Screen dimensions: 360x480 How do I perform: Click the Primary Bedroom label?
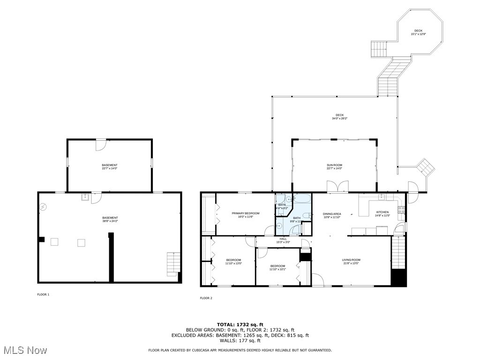[245, 213]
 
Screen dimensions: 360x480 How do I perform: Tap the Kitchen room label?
[382, 212]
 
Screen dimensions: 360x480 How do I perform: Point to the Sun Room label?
[334, 165]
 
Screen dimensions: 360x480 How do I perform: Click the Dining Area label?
[332, 214]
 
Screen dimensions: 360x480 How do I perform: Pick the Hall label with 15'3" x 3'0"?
[283, 239]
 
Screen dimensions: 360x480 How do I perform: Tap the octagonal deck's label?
[418, 31]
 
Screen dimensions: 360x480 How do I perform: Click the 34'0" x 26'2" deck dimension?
[339, 119]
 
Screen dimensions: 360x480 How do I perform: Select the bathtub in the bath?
[300, 199]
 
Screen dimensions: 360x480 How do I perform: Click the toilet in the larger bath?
[305, 215]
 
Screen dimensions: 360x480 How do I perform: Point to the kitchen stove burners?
[401, 210]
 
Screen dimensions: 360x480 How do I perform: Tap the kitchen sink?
[382, 196]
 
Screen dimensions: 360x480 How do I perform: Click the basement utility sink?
[85, 197]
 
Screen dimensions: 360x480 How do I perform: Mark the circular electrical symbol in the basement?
[43, 206]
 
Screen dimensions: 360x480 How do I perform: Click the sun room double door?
[337, 186]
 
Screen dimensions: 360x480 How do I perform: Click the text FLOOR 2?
[206, 298]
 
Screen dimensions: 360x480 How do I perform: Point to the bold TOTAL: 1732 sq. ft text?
[240, 324]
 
